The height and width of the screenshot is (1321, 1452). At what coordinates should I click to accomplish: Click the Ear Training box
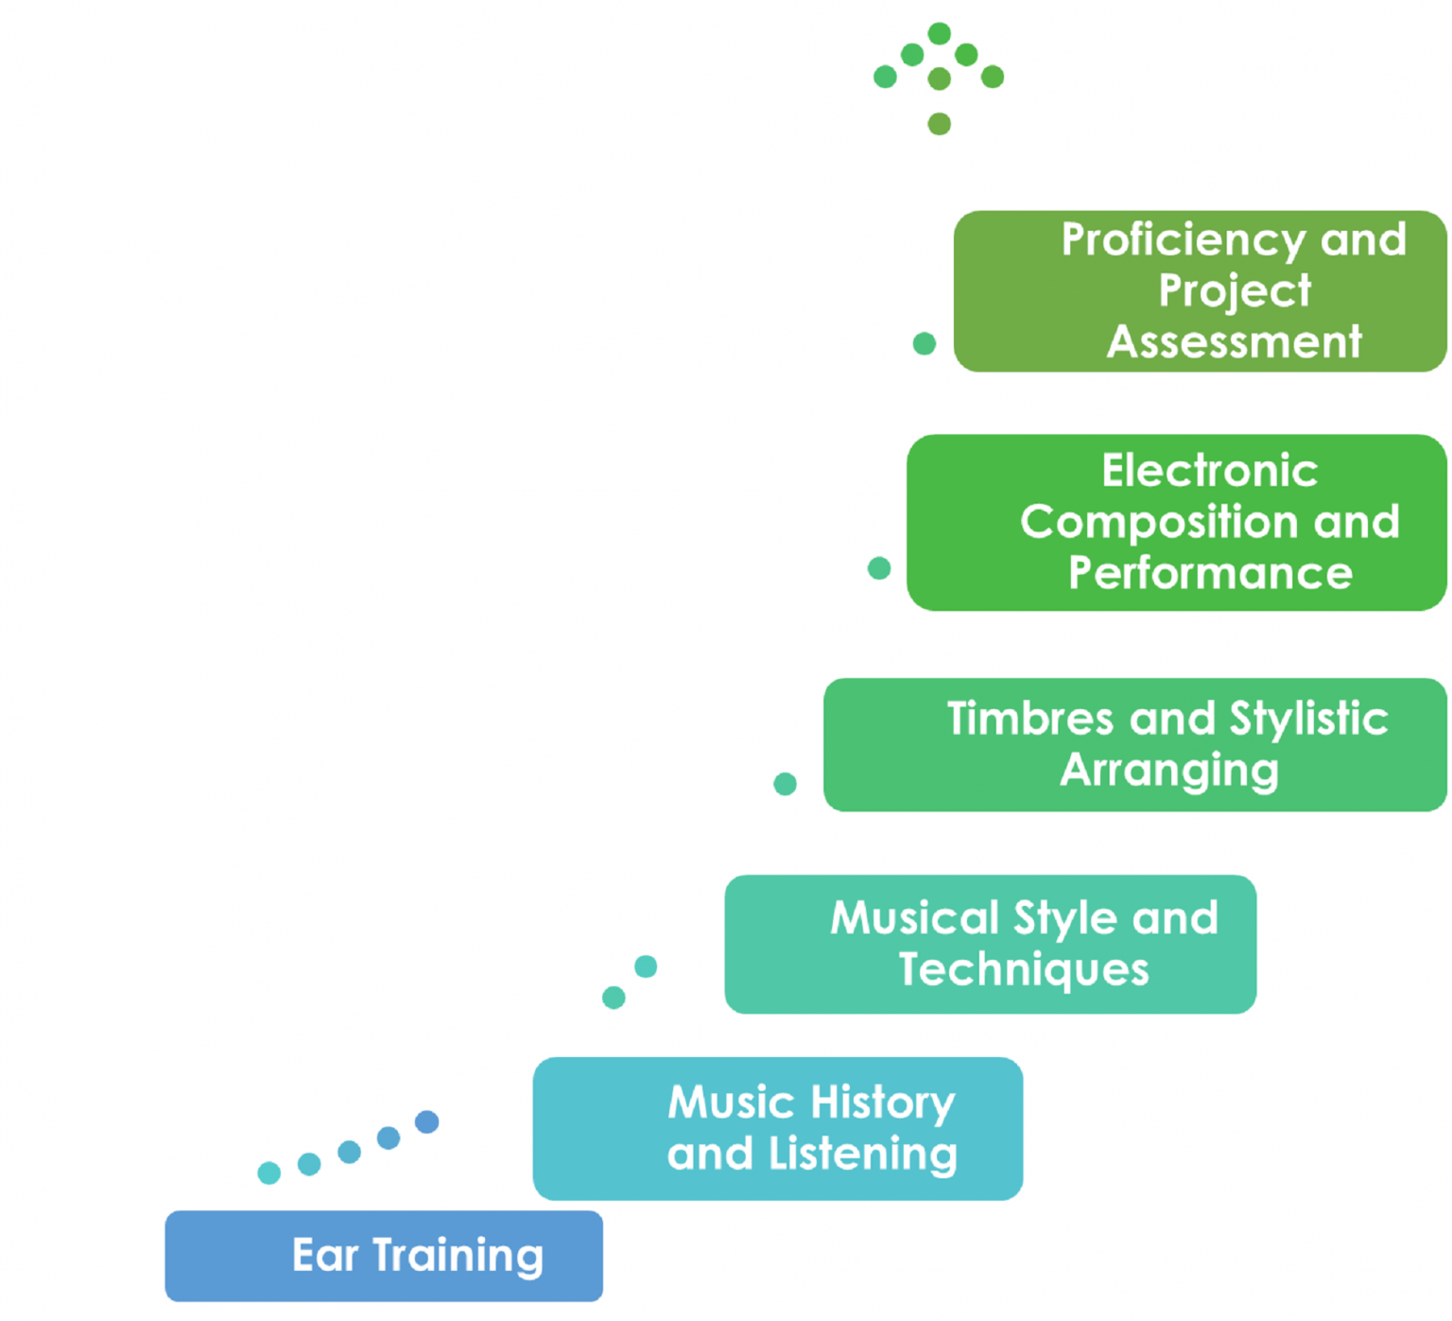(383, 1256)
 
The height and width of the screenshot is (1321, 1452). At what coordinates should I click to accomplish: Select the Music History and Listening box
(777, 1128)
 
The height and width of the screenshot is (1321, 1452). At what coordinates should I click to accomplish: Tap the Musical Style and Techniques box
(990, 944)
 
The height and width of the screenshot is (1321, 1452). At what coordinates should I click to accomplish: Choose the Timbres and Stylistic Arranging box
(1134, 744)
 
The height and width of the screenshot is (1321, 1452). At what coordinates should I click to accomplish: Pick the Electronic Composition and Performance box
(1176, 522)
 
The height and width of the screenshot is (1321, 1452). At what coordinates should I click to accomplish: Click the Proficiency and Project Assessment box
(1199, 291)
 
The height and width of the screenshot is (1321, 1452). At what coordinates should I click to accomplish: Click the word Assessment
(1234, 341)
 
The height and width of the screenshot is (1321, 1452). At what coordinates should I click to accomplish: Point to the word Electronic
(1209, 471)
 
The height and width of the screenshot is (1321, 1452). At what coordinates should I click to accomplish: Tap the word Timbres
(1031, 719)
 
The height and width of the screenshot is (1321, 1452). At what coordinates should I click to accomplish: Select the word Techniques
(1023, 969)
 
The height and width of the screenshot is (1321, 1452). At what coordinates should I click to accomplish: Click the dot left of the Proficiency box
(924, 343)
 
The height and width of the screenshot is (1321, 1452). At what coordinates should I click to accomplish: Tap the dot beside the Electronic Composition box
(878, 567)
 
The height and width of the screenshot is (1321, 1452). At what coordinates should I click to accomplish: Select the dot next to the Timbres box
(785, 783)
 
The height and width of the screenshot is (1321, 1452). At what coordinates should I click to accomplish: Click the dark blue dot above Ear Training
(426, 1121)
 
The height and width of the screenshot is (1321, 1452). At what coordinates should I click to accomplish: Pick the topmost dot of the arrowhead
(939, 34)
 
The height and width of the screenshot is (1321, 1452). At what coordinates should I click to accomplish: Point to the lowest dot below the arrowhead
(939, 124)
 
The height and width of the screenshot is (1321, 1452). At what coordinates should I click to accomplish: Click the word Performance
(1210, 573)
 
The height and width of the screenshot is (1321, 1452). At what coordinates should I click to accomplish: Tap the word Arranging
(1168, 770)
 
